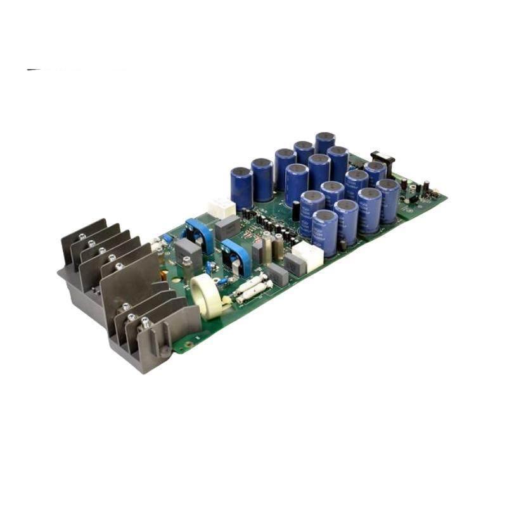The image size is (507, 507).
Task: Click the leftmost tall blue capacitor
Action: click(241, 187)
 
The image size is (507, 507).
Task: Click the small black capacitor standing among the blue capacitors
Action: click(295, 210)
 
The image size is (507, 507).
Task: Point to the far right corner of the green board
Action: click(446, 197)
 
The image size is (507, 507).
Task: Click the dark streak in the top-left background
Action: click(35, 69)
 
